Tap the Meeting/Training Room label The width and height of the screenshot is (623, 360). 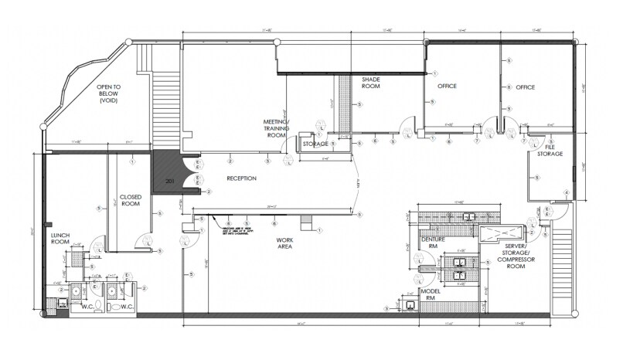pyautogui.click(x=276, y=128)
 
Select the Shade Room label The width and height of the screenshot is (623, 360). pyautogui.click(x=373, y=83)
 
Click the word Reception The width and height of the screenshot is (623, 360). pyautogui.click(x=241, y=178)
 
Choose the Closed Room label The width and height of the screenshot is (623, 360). pyautogui.click(x=129, y=200)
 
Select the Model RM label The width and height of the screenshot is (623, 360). pyautogui.click(x=430, y=295)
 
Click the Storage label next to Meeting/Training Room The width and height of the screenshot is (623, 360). pyautogui.click(x=315, y=144)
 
